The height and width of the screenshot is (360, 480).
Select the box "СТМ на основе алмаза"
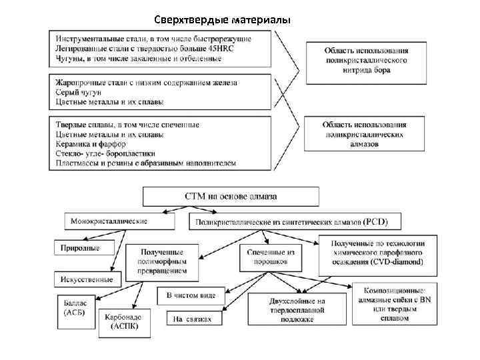(231, 196)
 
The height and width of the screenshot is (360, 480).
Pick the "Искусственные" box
(87, 279)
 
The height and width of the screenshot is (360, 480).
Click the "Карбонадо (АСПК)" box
(125, 323)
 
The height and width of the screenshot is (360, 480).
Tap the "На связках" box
(193, 319)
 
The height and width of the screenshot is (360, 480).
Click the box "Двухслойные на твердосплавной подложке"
(297, 310)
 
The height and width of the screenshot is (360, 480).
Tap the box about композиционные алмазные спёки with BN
(397, 305)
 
